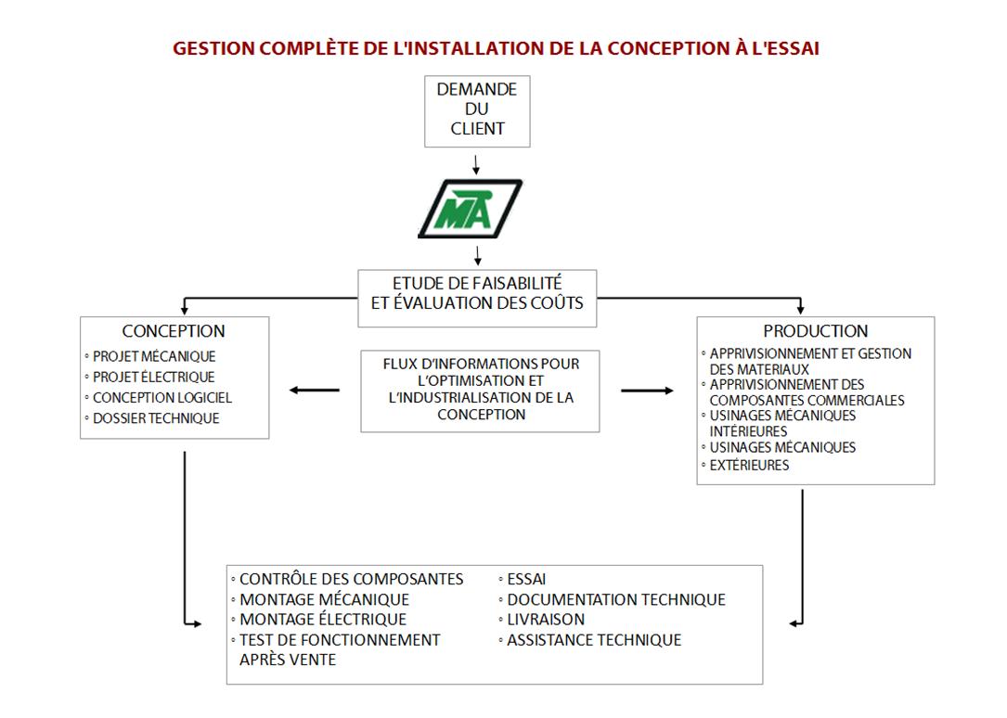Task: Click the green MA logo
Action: (x=471, y=209)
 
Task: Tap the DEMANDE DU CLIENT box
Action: (x=477, y=111)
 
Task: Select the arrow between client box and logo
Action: (x=476, y=164)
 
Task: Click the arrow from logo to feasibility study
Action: (x=477, y=255)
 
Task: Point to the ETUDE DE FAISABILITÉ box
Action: (x=477, y=299)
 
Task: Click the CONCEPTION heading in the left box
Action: (x=174, y=331)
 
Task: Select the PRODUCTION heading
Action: (x=816, y=331)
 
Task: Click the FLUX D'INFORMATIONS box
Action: (x=481, y=391)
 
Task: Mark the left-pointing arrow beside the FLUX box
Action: (x=314, y=391)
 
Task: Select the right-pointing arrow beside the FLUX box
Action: (x=648, y=391)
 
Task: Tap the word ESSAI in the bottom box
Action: (x=526, y=579)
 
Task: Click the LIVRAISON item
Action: (x=546, y=619)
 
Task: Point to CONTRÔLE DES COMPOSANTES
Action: (x=352, y=579)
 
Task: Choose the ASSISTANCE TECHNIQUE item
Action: (x=594, y=640)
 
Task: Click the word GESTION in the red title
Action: (x=213, y=49)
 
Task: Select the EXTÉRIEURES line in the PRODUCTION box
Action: (x=750, y=465)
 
